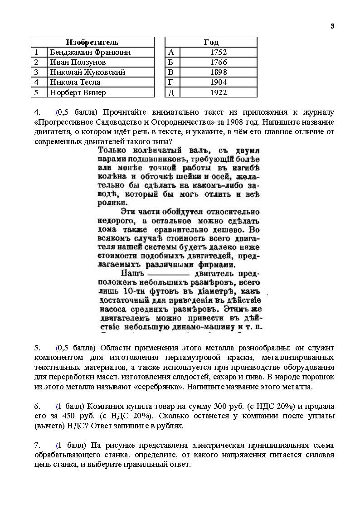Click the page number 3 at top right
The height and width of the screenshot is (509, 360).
tap(332, 26)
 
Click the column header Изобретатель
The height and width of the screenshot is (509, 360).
tap(92, 42)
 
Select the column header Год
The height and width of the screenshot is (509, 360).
tap(211, 42)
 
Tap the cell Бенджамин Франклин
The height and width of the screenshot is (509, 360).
tap(90, 52)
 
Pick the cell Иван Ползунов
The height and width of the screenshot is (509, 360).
tap(78, 62)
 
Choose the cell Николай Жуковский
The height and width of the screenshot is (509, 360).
tap(88, 72)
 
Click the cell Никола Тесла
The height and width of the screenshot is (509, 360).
tap(75, 82)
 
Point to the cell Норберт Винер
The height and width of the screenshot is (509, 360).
tap(78, 92)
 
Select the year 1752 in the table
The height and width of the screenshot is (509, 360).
tap(218, 52)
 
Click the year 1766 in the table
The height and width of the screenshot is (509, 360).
tap(218, 62)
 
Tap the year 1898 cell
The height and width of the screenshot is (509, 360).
tap(218, 72)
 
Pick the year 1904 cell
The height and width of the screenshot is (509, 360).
tap(218, 82)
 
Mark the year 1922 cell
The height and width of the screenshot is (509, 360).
tap(218, 92)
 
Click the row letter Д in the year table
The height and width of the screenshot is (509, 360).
tap(171, 92)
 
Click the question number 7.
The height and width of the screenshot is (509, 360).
tap(37, 445)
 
